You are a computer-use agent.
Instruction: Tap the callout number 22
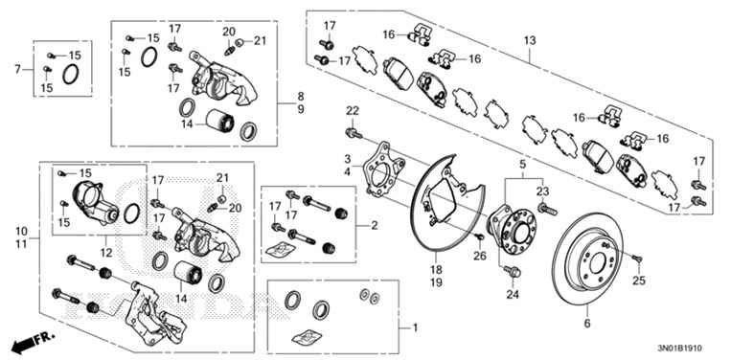[x=352, y=110]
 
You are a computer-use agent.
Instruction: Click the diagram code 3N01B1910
[x=681, y=348]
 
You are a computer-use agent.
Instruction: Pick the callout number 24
[x=511, y=295]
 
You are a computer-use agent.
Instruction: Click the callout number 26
[x=480, y=255]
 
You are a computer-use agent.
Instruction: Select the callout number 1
[x=415, y=327]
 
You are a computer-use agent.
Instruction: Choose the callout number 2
[x=374, y=225]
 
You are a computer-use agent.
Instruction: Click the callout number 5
[x=522, y=164]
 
